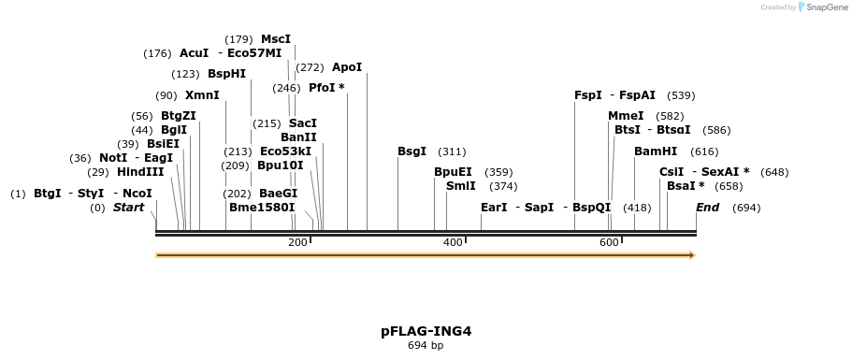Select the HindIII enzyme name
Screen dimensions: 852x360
click(140, 172)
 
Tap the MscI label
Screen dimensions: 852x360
click(276, 39)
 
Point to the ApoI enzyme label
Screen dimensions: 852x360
click(347, 67)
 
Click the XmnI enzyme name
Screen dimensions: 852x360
click(202, 95)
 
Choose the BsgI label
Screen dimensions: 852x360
click(412, 151)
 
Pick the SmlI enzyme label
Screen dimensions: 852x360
click(461, 186)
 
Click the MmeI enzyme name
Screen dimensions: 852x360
click(626, 116)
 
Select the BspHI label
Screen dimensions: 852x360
click(226, 74)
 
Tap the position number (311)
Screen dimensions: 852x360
click(452, 151)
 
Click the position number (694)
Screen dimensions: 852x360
click(746, 208)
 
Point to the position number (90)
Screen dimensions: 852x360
click(166, 95)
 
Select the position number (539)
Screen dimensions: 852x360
click(681, 95)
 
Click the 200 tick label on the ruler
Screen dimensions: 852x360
click(297, 243)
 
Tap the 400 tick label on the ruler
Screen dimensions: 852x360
click(453, 243)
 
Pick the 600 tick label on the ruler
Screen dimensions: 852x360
click(609, 243)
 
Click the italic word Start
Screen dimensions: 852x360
click(129, 208)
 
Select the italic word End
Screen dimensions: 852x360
click(707, 208)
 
